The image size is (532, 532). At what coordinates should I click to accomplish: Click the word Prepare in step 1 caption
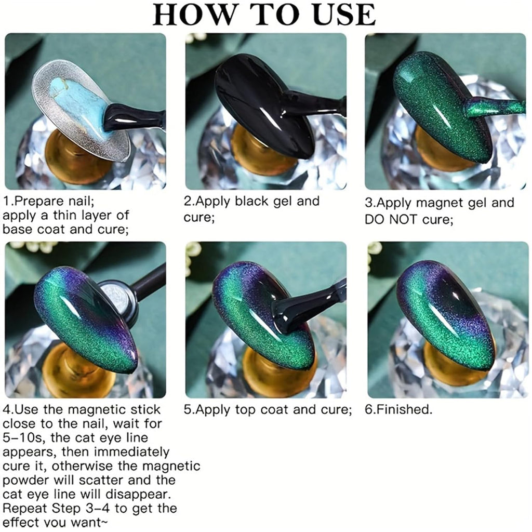tap(40, 202)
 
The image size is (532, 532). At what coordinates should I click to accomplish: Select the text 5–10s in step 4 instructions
tap(22, 437)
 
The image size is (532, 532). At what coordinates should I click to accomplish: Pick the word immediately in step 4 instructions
tap(131, 453)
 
